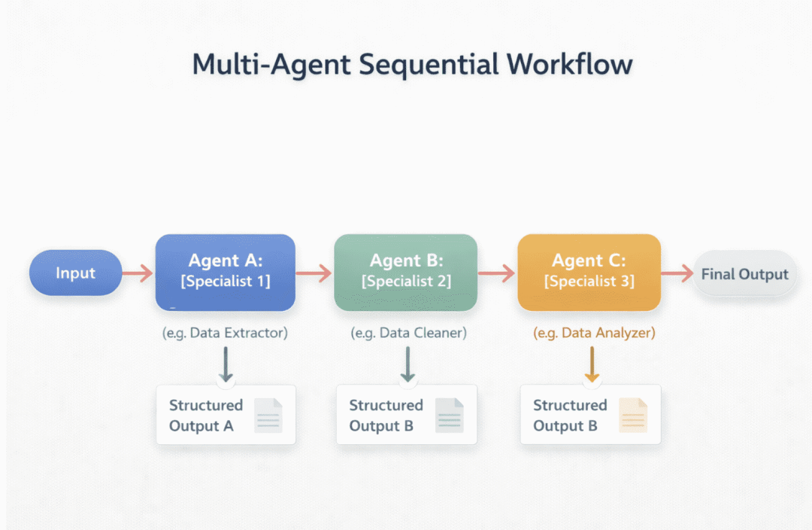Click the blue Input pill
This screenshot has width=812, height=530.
coord(75,273)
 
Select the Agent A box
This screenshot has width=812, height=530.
coord(225,272)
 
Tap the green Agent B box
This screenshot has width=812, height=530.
coord(405,272)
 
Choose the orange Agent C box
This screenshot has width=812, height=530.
coord(589,272)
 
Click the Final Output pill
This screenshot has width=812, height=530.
coord(744,274)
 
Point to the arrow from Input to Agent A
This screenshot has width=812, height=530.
coord(138,273)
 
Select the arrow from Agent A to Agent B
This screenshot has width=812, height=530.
coord(314,273)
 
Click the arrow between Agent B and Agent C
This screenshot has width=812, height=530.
coord(497,273)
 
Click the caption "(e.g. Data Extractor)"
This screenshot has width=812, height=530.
coord(225,332)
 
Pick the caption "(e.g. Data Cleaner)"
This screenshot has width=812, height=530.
coord(408,332)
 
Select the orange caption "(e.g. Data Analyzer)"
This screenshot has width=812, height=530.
coord(594,332)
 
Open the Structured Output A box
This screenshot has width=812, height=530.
coord(226,415)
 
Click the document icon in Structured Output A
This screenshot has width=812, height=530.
coord(268,415)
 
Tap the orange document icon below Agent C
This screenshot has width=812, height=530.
coord(632,415)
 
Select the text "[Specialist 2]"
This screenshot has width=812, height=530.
coord(407,282)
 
